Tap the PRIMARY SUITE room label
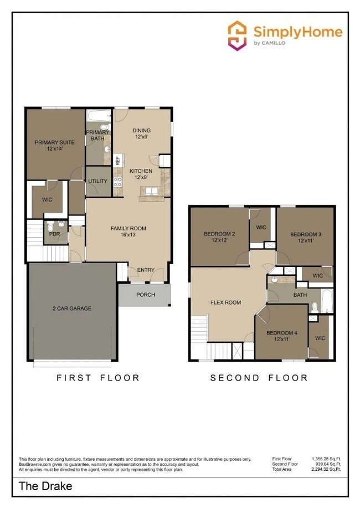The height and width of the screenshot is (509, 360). [54, 146]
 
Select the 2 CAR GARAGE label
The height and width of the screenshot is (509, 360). [72, 309]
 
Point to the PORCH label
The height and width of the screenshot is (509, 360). [146, 295]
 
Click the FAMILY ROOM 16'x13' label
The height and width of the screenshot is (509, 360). [128, 232]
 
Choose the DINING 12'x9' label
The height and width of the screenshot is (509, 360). [142, 134]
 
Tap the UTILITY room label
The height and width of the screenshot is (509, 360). [97, 181]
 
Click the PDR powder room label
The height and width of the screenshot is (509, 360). [54, 234]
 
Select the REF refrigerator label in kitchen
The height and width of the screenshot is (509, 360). [117, 161]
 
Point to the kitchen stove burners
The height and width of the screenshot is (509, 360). [117, 184]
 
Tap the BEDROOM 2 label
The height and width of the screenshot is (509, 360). [219, 237]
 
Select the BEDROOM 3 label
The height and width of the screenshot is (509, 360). [306, 237]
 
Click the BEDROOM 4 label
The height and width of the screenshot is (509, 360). [282, 336]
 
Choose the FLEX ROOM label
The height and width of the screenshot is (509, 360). [225, 302]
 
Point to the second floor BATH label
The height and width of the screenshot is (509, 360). [300, 295]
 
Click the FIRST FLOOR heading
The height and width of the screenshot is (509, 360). [98, 378]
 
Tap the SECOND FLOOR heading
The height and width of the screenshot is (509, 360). [259, 378]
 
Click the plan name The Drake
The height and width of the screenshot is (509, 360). [45, 487]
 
